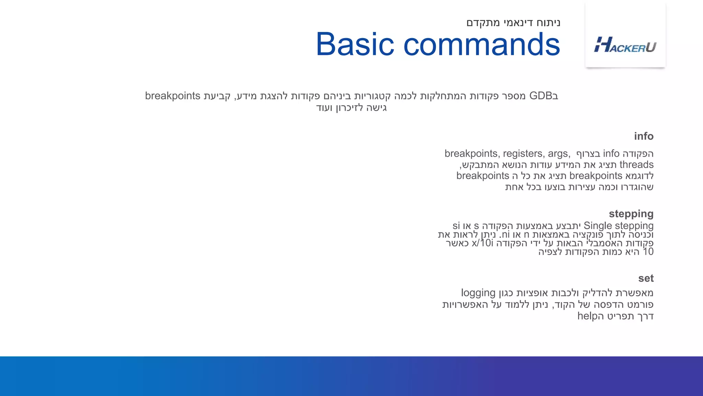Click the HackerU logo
625,45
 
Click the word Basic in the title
355,44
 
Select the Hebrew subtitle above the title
513,23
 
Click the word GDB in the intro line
541,96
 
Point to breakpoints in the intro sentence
173,96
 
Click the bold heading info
644,136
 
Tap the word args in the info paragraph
558,154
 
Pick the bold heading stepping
631,214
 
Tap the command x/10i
482,243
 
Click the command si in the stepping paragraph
456,226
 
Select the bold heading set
646,278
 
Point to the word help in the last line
588,316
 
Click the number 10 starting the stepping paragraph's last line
648,252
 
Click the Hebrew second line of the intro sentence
351,108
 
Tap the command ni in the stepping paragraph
505,235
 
